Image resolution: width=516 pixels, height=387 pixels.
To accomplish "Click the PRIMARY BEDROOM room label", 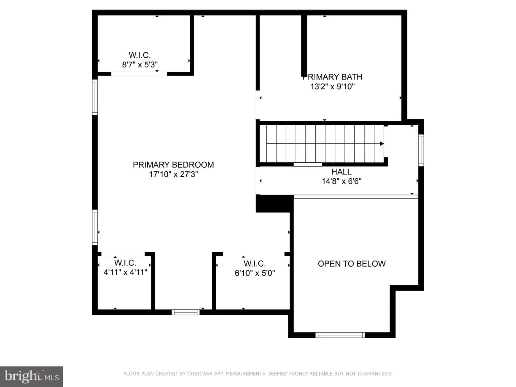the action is [173, 165].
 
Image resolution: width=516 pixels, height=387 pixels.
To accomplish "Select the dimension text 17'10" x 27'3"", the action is [173, 175].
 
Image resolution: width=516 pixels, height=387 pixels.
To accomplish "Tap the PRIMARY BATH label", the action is [332, 77].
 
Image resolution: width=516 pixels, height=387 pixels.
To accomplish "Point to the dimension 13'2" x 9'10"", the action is [333, 87].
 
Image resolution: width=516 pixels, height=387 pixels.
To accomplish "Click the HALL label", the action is [341, 172].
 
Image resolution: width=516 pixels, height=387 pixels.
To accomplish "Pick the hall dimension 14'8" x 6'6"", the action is [341, 181].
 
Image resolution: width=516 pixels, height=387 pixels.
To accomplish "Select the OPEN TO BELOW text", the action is [352, 264].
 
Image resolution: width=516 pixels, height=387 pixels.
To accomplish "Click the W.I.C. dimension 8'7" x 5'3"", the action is [140, 64].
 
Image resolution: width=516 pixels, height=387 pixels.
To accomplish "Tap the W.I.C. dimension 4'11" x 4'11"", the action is [125, 272].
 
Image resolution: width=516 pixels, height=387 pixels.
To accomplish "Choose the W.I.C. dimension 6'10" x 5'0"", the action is [255, 273].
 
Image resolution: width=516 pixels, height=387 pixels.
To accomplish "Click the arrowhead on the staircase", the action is [382, 144].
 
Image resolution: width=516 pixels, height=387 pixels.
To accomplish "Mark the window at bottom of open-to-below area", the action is [340, 335].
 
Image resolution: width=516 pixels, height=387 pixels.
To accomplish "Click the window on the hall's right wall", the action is [421, 150].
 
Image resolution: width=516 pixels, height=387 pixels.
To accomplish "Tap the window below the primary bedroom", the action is [186, 312].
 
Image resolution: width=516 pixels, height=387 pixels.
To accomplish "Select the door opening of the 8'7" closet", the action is [139, 74].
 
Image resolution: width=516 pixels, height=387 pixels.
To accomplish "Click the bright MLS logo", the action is [32, 377].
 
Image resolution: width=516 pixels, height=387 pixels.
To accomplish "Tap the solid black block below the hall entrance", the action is [273, 204].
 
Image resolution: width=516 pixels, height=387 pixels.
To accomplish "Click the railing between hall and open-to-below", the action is [356, 197].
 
